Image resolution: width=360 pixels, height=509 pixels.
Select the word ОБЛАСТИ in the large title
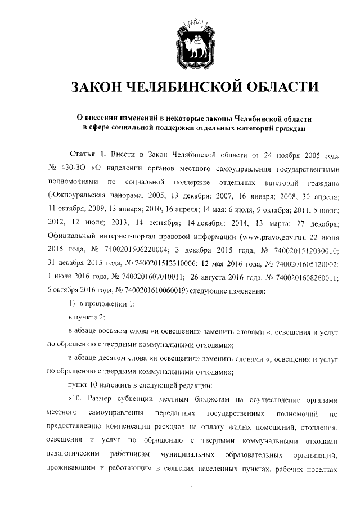click(281, 88)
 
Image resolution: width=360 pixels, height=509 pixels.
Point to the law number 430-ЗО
click(73, 168)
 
